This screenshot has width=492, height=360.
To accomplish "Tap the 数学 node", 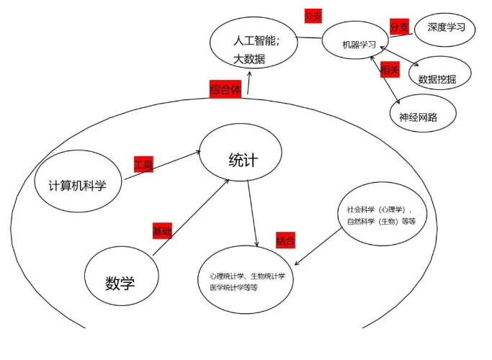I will click(120, 282).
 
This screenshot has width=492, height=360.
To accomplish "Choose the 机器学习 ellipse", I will click(359, 45).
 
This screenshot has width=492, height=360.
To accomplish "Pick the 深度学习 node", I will click(445, 27).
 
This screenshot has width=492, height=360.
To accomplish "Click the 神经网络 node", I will click(418, 116).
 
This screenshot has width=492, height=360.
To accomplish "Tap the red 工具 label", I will click(143, 165).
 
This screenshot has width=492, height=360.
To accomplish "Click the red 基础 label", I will click(162, 231).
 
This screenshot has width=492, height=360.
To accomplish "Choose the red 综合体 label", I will click(225, 89).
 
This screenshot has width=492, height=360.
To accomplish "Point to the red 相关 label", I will click(390, 70).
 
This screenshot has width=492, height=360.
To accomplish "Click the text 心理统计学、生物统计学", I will click(247, 276).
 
